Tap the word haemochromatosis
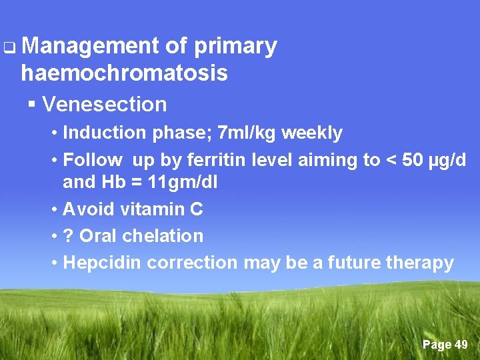pyautogui.click(x=124, y=73)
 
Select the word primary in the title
pyautogui.click(x=235, y=46)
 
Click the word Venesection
pyautogui.click(x=104, y=104)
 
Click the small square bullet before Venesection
pyautogui.click(x=31, y=105)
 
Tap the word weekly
pyautogui.click(x=312, y=133)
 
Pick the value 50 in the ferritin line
pyautogui.click(x=407, y=160)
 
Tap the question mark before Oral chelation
pyautogui.click(x=67, y=236)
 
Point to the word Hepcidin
pyautogui.click(x=102, y=263)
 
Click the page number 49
pyautogui.click(x=461, y=345)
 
